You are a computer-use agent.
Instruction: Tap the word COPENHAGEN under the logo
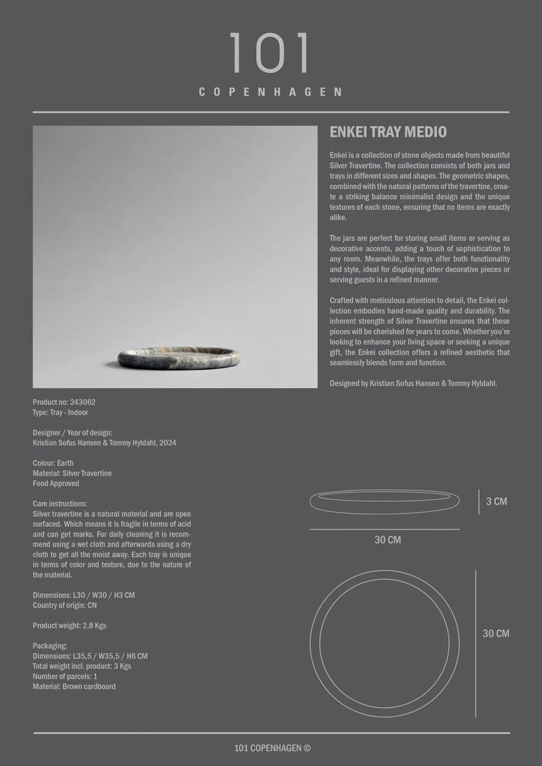point(270,92)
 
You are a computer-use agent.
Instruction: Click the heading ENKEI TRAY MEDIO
point(388,132)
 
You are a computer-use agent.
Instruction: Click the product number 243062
point(81,402)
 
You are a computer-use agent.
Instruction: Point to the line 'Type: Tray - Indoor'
point(60,412)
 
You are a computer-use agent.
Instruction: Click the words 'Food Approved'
point(56,484)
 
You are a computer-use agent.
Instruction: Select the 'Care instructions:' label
point(60,504)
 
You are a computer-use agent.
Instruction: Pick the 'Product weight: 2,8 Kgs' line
point(69,626)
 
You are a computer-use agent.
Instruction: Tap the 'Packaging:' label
point(49,646)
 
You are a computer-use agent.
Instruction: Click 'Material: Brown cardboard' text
point(74,687)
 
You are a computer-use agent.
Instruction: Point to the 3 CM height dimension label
point(497,502)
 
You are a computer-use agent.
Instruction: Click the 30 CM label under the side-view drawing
point(388,540)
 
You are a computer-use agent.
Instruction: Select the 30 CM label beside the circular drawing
point(496,634)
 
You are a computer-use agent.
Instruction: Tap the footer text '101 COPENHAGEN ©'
point(272,748)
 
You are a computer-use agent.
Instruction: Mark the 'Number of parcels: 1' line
point(65,677)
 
